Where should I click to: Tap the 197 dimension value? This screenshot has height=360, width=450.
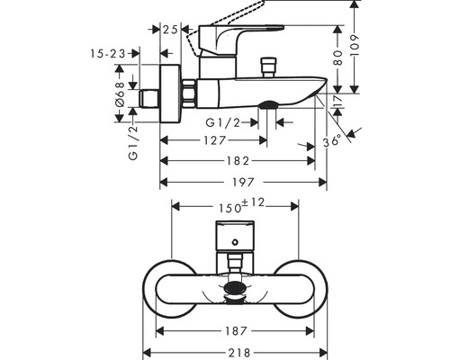coord(243,183)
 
